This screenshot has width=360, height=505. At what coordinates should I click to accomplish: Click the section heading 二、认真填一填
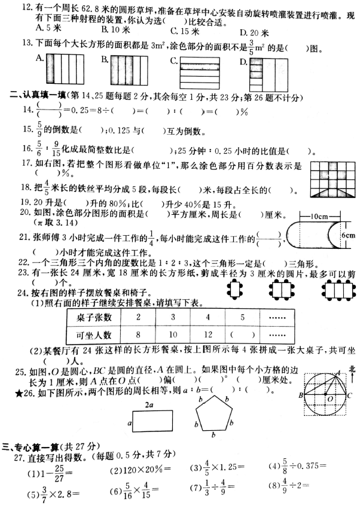(x=38, y=94)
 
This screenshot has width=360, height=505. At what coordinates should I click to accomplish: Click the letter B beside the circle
(x=300, y=395)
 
